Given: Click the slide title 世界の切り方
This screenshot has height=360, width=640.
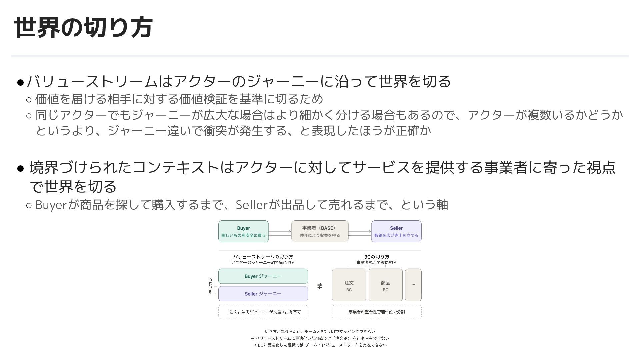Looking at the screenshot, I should tap(83, 27).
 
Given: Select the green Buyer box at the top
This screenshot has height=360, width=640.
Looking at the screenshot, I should tap(243, 231).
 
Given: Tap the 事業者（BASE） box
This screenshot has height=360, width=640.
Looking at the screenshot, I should tap(320, 231).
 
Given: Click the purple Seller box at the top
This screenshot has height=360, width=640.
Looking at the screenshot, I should tap(396, 231).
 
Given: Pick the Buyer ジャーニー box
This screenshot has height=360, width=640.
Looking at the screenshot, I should tap(263, 276).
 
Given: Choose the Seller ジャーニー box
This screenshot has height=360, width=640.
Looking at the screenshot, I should tap(263, 294).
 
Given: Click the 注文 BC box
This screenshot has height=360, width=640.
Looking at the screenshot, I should tap(349, 285).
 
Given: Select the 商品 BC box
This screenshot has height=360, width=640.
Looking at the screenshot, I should tap(385, 285).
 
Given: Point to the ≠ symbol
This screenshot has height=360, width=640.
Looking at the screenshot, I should tap(320, 286).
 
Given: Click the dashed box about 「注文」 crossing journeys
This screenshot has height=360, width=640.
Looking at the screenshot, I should tap(263, 312).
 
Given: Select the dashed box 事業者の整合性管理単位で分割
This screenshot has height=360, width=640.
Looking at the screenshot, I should tap(377, 312).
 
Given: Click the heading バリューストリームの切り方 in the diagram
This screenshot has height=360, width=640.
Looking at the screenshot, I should tap(263, 257).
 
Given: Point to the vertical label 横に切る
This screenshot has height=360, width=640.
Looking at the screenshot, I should tap(210, 286).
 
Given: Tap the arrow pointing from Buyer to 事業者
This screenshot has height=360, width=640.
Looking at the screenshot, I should tap(280, 231).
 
